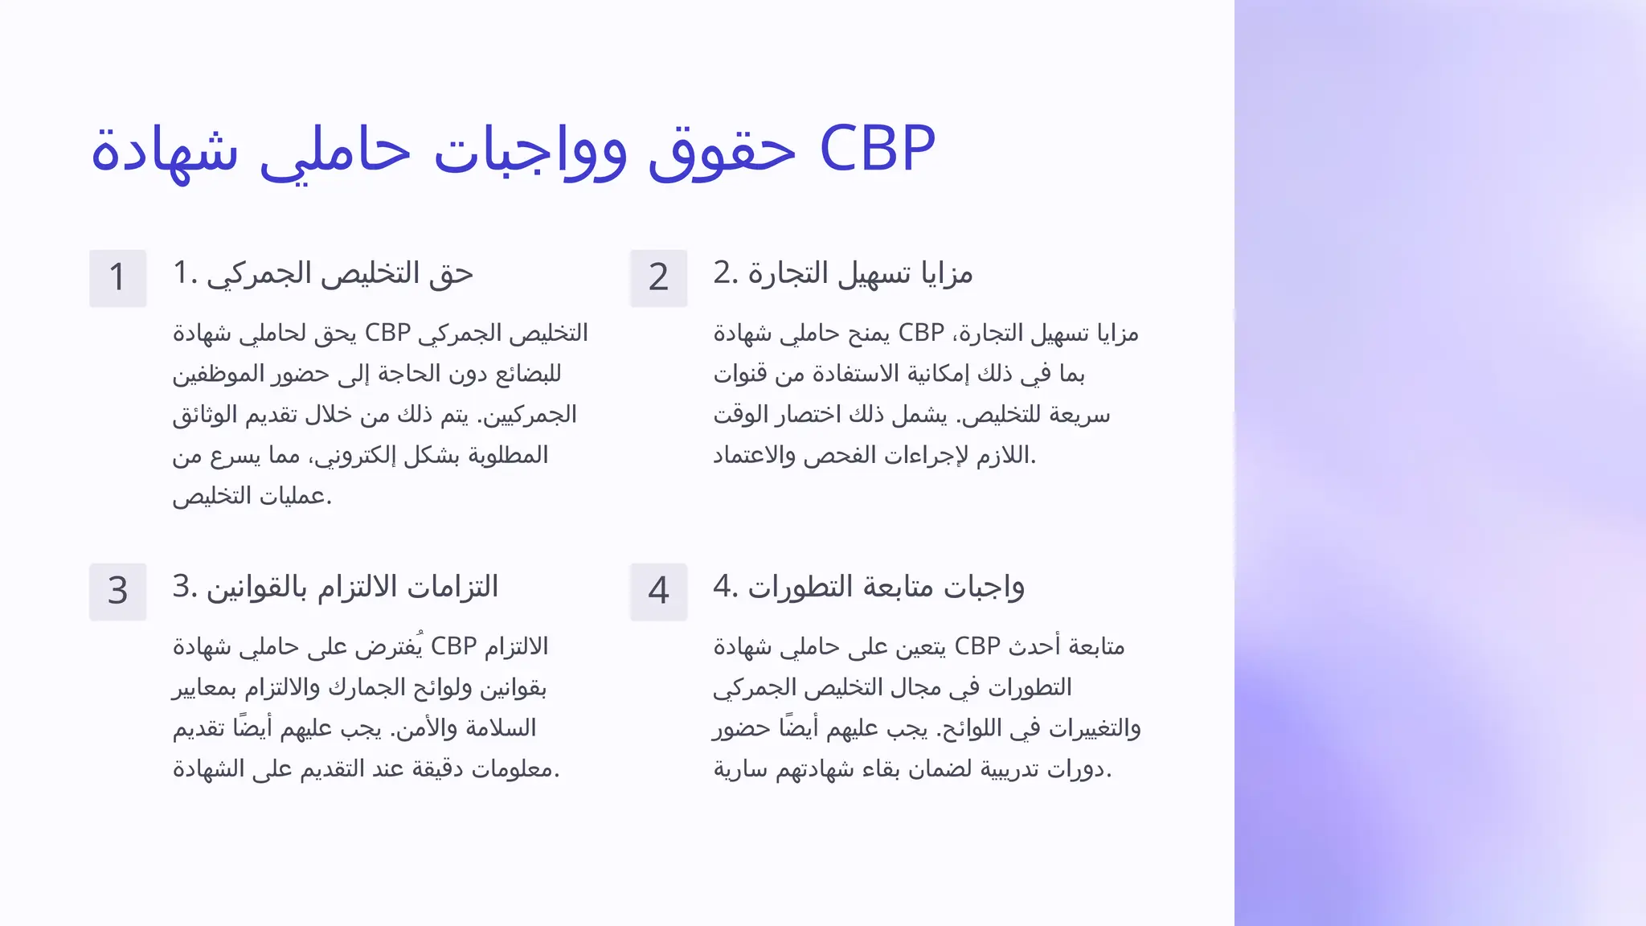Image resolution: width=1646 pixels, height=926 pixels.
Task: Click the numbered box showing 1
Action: tap(117, 278)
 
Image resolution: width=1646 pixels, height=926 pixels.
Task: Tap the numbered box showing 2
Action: tap(658, 278)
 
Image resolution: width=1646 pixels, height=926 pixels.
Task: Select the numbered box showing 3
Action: tap(117, 592)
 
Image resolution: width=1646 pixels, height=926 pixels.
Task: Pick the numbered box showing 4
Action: tap(658, 592)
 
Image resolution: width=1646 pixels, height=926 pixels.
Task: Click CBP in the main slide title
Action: tap(877, 150)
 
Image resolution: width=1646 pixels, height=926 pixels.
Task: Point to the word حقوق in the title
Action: tap(721, 153)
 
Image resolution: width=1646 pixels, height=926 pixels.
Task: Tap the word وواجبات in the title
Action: tap(530, 153)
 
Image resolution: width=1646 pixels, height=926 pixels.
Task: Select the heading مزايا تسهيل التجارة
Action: tap(860, 274)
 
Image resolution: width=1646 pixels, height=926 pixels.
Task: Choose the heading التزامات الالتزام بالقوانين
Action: tap(352, 588)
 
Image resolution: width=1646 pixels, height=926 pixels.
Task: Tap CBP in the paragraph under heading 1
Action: tap(387, 333)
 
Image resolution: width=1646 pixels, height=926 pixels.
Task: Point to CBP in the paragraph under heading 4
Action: tap(977, 646)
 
